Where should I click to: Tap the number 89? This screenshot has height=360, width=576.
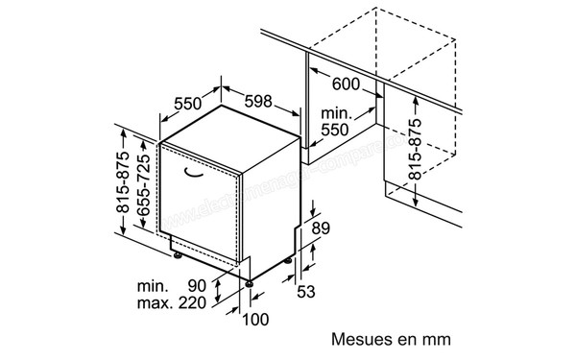pyautogui.click(x=322, y=228)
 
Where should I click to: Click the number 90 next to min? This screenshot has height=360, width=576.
pyautogui.click(x=198, y=286)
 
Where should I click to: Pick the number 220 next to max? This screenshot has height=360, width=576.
pyautogui.click(x=193, y=305)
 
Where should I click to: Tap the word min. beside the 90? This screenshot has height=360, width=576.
pyautogui.click(x=153, y=286)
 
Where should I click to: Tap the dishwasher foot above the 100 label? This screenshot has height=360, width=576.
pyautogui.click(x=251, y=281)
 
